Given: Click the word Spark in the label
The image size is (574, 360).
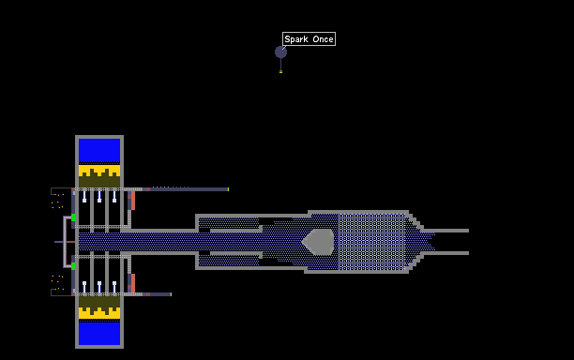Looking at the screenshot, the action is click(x=296, y=39).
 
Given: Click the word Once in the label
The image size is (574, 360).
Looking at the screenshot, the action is click(x=323, y=39).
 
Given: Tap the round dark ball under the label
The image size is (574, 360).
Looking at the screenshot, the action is click(x=280, y=52).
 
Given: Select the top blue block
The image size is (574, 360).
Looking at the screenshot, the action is click(x=99, y=150).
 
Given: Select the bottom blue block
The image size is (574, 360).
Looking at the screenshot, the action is click(x=99, y=334).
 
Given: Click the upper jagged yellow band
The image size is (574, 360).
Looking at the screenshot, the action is click(x=99, y=171).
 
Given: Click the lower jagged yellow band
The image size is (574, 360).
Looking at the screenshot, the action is click(x=99, y=312).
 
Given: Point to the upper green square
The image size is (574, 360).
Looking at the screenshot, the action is click(x=73, y=217).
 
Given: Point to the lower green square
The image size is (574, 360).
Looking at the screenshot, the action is click(x=73, y=266).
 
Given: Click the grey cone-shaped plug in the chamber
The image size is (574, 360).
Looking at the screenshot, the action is click(x=318, y=242).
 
